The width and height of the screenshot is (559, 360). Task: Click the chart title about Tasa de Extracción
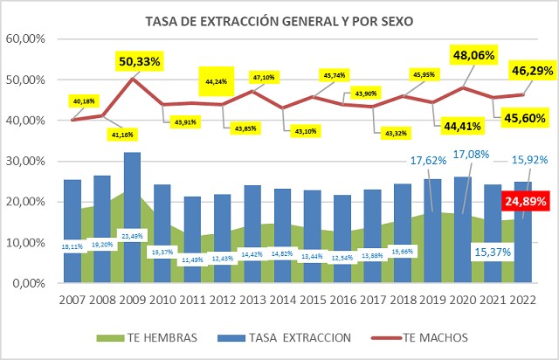(x=279, y=20)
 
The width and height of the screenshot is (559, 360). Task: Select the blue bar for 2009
(x=133, y=218)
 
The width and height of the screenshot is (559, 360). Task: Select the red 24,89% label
(x=524, y=203)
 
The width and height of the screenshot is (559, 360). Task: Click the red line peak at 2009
(x=133, y=79)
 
